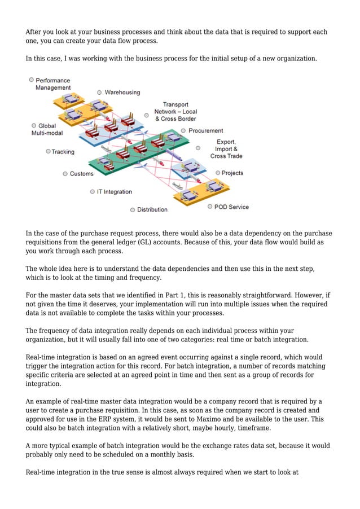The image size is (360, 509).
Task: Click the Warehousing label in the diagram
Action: [x=122, y=92]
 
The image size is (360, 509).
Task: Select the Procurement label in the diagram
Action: [x=205, y=130]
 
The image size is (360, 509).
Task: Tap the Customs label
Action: [x=81, y=174]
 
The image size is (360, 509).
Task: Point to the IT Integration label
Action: [x=114, y=192]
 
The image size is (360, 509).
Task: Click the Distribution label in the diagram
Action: [x=152, y=209]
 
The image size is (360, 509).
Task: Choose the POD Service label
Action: [x=231, y=207]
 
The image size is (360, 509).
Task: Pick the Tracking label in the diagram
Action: [x=63, y=152]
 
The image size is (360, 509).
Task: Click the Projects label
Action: [x=232, y=173]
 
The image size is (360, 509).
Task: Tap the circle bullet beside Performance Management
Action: [x=32, y=80]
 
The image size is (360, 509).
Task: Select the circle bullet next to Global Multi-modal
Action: [x=34, y=125]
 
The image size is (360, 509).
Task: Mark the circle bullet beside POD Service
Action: [x=210, y=207]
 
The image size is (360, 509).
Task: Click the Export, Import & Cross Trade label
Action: [x=226, y=149]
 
